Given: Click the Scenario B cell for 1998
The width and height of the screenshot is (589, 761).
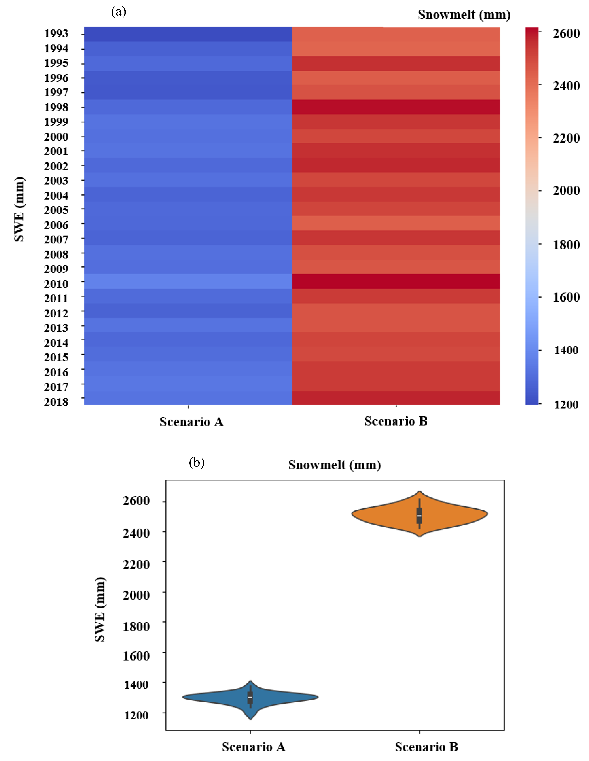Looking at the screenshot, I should pyautogui.click(x=396, y=107).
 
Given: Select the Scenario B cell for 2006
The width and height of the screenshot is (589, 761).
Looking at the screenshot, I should pyautogui.click(x=396, y=223).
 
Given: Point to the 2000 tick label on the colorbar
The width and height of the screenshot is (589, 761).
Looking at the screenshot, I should pyautogui.click(x=566, y=191).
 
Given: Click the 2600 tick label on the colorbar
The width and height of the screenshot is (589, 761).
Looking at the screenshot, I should pyautogui.click(x=566, y=33).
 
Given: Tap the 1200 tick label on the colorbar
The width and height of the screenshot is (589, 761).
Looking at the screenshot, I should pyautogui.click(x=566, y=405).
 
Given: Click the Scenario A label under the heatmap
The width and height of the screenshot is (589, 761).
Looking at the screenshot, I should pyautogui.click(x=192, y=422).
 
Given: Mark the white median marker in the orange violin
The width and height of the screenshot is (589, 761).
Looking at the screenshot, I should pyautogui.click(x=419, y=516).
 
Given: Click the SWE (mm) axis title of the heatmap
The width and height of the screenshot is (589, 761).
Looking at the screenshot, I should pyautogui.click(x=19, y=209).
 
